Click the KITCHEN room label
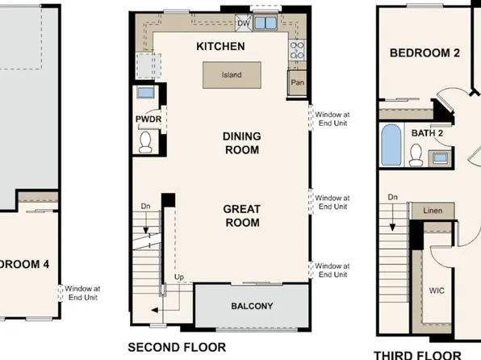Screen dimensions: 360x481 pyautogui.click(x=221, y=47)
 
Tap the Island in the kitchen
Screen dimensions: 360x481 pyautogui.click(x=232, y=75)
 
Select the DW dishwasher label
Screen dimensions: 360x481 pyautogui.click(x=244, y=23)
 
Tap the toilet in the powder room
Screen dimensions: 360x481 pyautogui.click(x=147, y=142)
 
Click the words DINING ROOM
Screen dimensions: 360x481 pyautogui.click(x=241, y=143)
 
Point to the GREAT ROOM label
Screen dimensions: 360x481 pyautogui.click(x=241, y=216)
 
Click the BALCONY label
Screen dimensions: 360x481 pyautogui.click(x=252, y=306)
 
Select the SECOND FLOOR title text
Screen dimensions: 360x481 pyautogui.click(x=175, y=348)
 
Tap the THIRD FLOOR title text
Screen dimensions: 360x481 pyautogui.click(x=418, y=354)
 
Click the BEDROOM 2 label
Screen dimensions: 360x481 pyautogui.click(x=425, y=53)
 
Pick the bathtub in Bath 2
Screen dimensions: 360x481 pyautogui.click(x=391, y=147)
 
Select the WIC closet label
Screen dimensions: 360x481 pyautogui.click(x=437, y=290)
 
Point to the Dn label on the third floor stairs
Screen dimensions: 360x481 pyautogui.click(x=392, y=197)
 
